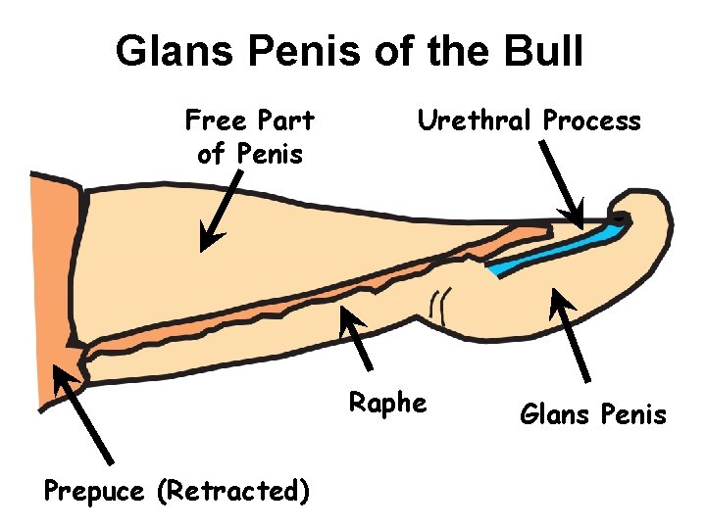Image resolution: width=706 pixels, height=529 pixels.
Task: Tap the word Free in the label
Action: pos(214,121)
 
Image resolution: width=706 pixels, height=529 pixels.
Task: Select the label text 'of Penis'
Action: pos(250,154)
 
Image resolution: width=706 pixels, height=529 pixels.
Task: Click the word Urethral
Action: pos(477,121)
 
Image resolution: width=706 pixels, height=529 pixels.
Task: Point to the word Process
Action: pos(592,121)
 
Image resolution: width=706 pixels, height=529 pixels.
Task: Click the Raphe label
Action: pos(388,403)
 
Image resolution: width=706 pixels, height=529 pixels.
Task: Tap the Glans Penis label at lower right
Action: pos(592,415)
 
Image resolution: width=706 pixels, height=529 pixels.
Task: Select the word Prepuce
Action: pos(94,490)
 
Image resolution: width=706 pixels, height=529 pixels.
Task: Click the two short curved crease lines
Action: pos(445,304)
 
